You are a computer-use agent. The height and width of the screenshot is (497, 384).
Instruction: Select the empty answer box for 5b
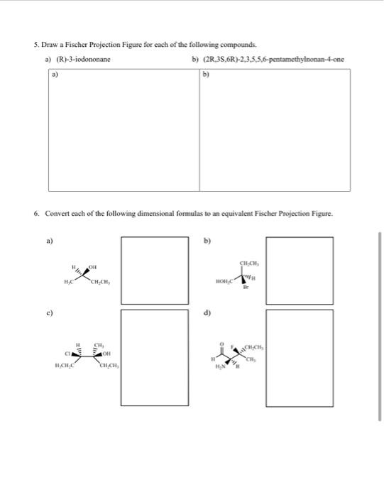click(x=275, y=130)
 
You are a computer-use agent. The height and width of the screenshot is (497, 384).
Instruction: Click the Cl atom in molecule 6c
click(x=68, y=353)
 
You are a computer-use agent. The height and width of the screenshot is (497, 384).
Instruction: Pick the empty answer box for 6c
click(x=149, y=357)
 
